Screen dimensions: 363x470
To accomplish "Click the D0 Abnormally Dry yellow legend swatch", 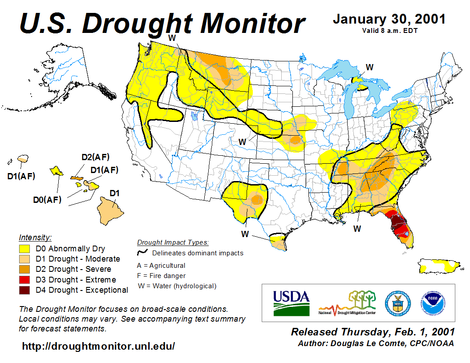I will point(24,249).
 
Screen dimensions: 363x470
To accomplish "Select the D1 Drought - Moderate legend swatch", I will point(24,259).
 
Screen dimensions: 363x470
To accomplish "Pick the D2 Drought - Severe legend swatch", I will point(24,269).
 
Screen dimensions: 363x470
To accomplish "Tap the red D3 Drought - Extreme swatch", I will point(24,279).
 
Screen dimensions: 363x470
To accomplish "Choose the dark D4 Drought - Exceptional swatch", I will point(24,290).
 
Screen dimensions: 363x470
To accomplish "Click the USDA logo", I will point(291,303).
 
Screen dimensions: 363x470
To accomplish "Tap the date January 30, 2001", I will point(389,20).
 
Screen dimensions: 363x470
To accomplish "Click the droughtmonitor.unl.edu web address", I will point(98,346).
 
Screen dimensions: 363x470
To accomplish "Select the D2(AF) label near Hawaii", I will point(95,157).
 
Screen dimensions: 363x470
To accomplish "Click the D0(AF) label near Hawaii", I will point(47,200).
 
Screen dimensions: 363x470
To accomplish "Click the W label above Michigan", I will point(369,67).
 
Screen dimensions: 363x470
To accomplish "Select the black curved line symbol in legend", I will point(142,253).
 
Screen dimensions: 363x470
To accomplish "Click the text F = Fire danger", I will point(162,276).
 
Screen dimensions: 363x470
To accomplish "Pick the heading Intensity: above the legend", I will point(35,237).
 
